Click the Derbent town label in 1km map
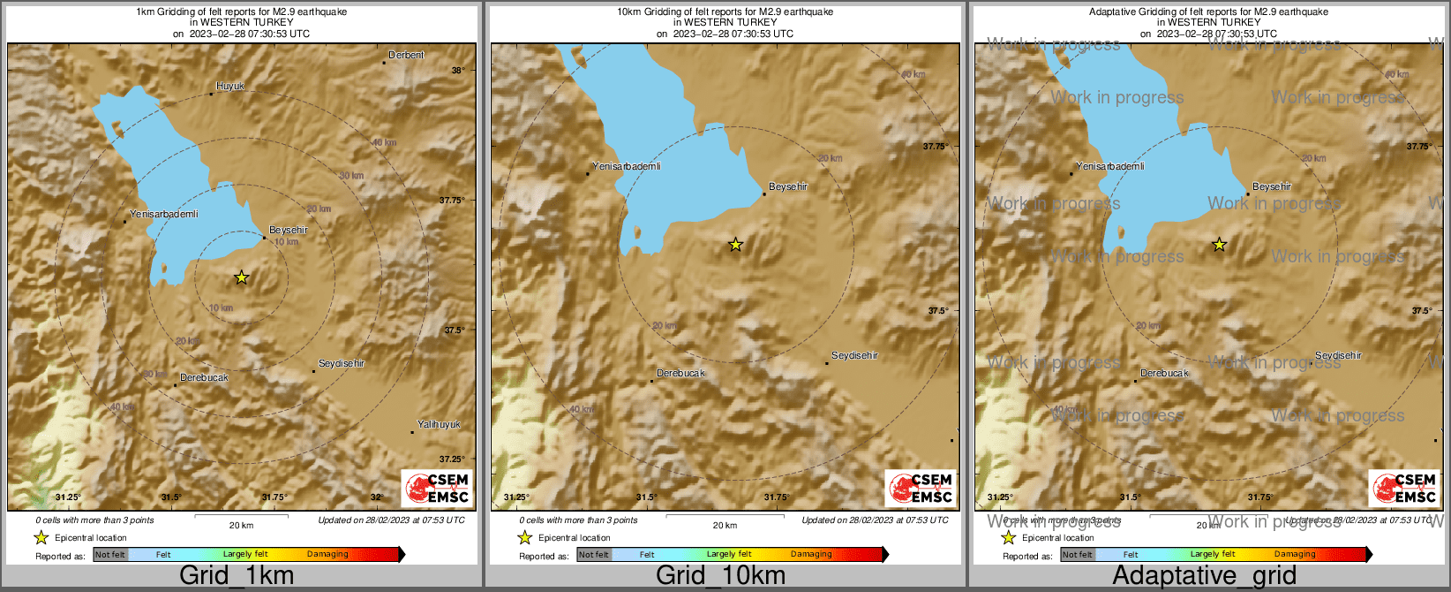tap(406, 56)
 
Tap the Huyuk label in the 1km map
tap(230, 87)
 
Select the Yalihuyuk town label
tap(439, 425)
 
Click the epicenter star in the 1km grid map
tap(242, 277)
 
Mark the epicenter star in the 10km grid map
tap(735, 245)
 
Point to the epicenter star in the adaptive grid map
tap(1219, 245)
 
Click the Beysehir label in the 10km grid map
tap(788, 187)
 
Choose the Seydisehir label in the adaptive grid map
tap(1338, 356)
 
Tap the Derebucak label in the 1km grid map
tap(204, 378)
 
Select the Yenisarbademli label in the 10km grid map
tap(627, 167)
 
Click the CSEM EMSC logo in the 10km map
tap(921, 489)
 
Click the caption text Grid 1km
tap(237, 576)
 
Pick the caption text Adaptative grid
tap(1204, 576)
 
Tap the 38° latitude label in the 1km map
tap(457, 71)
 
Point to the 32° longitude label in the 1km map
tap(376, 497)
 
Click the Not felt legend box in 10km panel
tap(593, 555)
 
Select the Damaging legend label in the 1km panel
tap(327, 555)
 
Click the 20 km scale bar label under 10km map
tap(725, 526)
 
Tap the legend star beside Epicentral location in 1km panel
tap(41, 537)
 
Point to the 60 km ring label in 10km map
tap(913, 75)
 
